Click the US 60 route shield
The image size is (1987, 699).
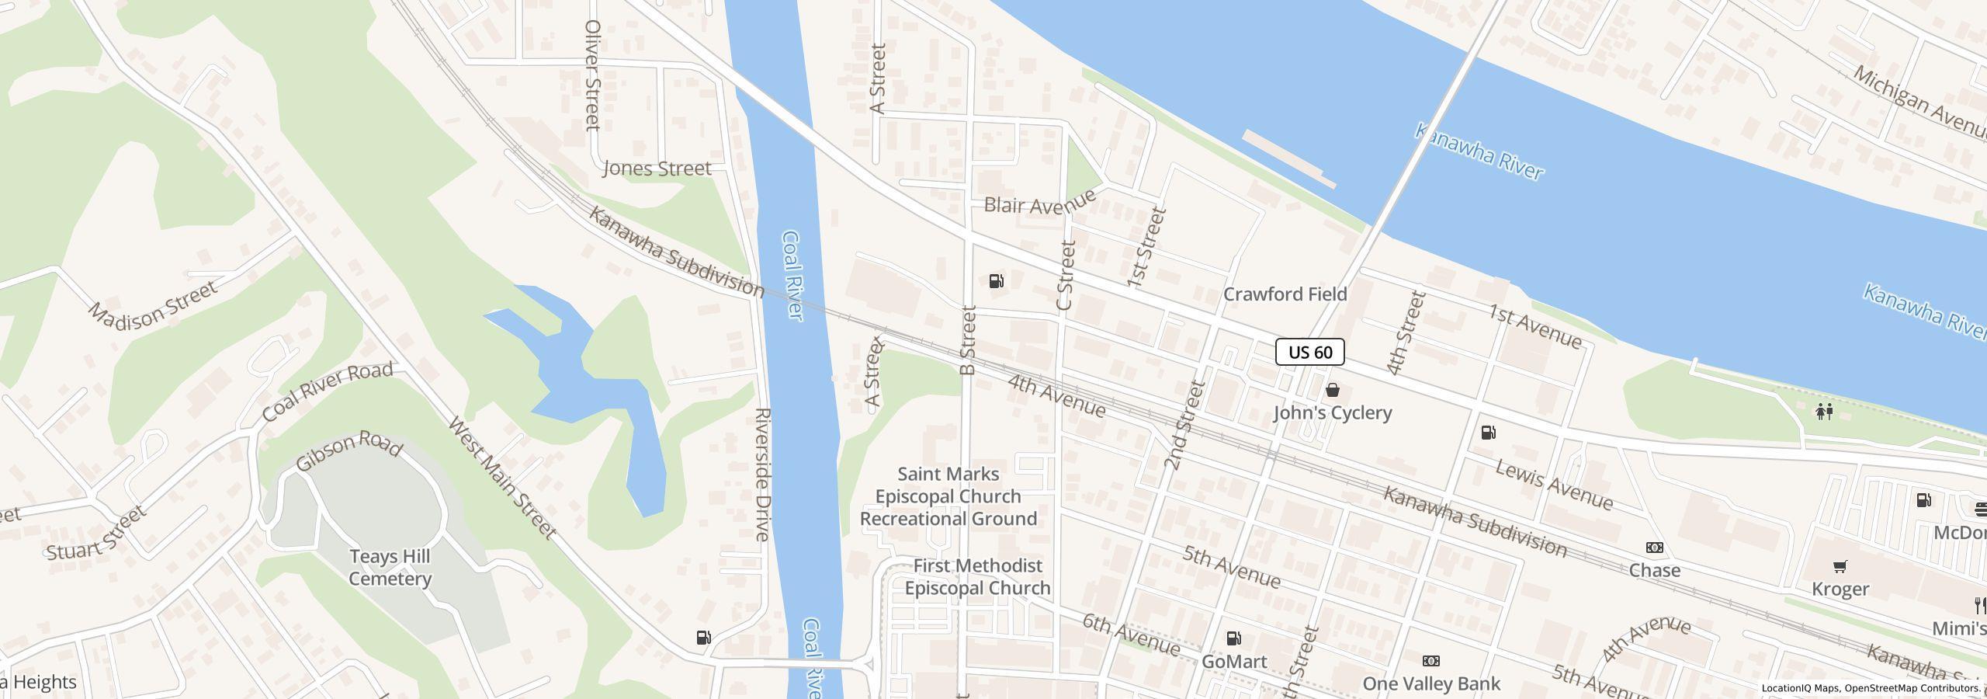(1309, 352)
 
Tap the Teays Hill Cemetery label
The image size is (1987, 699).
(390, 568)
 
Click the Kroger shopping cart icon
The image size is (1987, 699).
(1840, 566)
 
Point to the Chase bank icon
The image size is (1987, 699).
(1654, 548)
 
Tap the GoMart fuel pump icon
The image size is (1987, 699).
(1233, 638)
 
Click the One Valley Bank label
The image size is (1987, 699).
(1431, 683)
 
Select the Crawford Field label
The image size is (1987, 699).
(1285, 294)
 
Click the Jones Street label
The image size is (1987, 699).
(657, 169)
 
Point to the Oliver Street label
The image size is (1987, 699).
(592, 75)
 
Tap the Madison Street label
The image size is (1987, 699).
(152, 303)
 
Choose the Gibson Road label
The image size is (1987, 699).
(349, 450)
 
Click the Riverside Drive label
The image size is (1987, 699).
(762, 474)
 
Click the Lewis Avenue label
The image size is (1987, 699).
(1554, 485)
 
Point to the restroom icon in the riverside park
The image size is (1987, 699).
(1824, 411)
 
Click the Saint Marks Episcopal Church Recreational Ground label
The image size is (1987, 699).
(948, 496)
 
